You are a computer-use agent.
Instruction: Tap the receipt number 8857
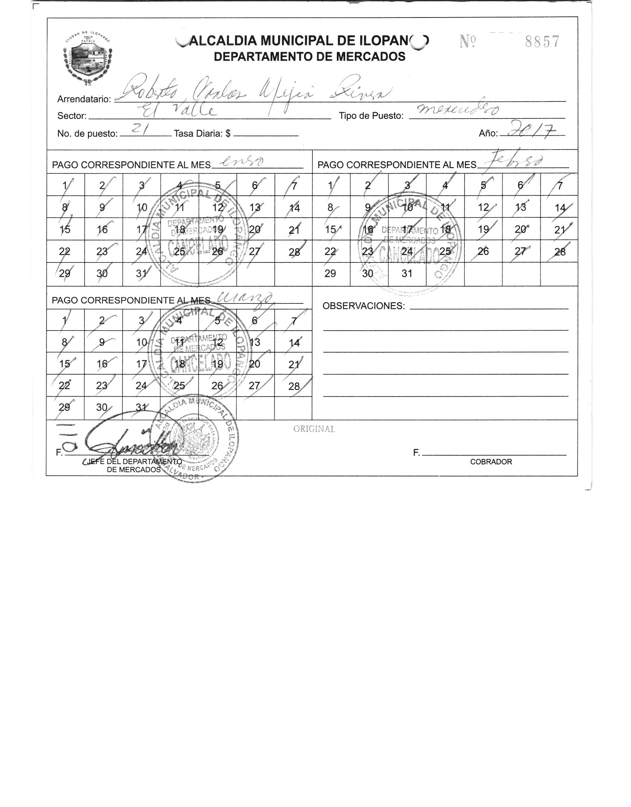tap(542, 42)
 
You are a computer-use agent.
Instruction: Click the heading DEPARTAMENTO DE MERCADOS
tap(309, 57)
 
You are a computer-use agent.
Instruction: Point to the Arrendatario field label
tap(84, 99)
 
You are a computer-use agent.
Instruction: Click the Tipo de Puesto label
tap(371, 116)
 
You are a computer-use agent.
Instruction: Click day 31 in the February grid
tap(407, 274)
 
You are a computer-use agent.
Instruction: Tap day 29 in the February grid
tap(330, 274)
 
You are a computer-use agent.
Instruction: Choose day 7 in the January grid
tap(294, 185)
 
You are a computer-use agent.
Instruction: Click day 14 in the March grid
tap(294, 343)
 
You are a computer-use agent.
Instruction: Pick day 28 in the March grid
tap(294, 386)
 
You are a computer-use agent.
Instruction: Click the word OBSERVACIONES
tap(363, 306)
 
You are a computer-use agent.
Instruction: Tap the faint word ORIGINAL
tap(314, 429)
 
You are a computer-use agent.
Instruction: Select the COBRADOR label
tap(491, 462)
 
